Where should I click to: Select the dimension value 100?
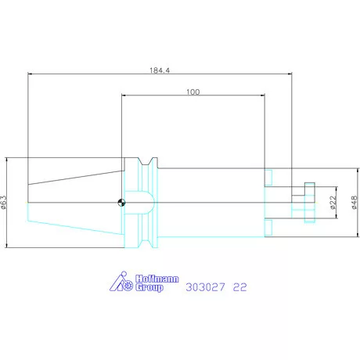[193, 92]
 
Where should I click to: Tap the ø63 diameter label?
[4, 203]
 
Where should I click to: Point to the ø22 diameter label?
[333, 203]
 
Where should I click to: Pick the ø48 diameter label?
[355, 203]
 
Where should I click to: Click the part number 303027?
[204, 287]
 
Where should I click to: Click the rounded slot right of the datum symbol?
[142, 203]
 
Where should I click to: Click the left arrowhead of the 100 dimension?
[124, 96]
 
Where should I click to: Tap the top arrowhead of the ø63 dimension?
[7, 159]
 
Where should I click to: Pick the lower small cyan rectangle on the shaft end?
[268, 226]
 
